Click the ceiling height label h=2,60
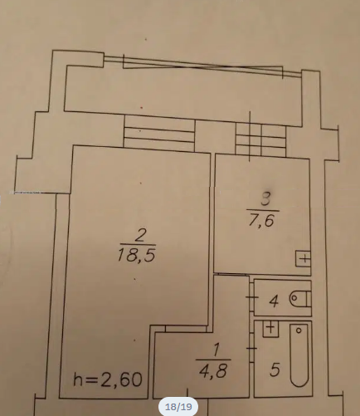(x=108, y=379)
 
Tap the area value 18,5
(x=136, y=255)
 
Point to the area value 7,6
(x=261, y=221)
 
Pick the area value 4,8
(x=213, y=370)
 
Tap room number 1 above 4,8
(x=216, y=350)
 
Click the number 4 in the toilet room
(x=274, y=301)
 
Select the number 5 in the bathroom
(x=275, y=370)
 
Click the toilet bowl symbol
(x=300, y=299)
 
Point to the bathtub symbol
(x=299, y=355)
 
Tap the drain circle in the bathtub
(x=299, y=330)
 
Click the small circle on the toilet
(x=294, y=298)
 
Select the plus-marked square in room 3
(x=304, y=259)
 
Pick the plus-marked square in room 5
(x=270, y=329)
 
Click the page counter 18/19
(x=178, y=407)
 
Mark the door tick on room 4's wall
(x=252, y=297)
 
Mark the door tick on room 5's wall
(x=252, y=349)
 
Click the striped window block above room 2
(x=159, y=133)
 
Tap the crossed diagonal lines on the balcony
(x=202, y=66)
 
